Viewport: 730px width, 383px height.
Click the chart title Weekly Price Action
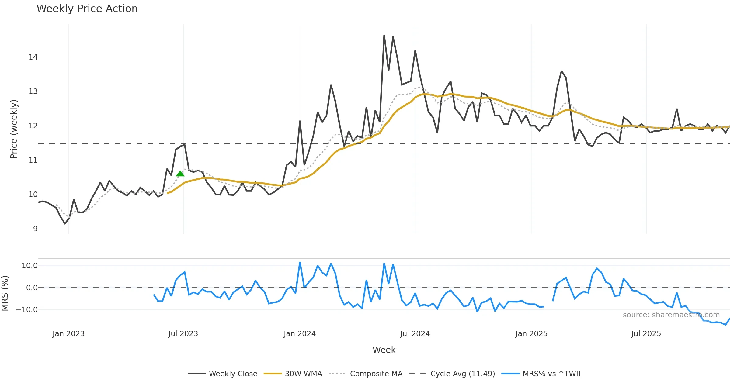click(x=87, y=9)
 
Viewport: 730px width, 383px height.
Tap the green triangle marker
click(x=180, y=174)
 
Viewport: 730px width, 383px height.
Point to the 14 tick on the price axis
click(x=33, y=57)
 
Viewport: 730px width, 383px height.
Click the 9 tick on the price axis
click(x=35, y=229)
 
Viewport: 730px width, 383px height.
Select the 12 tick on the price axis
click(x=33, y=126)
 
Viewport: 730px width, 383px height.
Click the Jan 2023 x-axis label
click(x=68, y=334)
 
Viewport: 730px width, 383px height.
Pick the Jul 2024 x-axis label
click(x=415, y=334)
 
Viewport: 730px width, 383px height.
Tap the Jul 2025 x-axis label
click(x=646, y=334)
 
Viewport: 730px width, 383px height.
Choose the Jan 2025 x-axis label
click(x=531, y=334)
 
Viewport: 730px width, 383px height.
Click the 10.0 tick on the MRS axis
click(x=30, y=266)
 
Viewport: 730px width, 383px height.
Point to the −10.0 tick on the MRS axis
click(x=27, y=310)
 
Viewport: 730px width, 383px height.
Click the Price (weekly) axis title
click(x=14, y=129)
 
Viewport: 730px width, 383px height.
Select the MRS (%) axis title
click(x=5, y=293)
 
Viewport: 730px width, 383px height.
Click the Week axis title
click(x=384, y=350)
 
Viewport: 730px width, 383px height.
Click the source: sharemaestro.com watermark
click(x=671, y=315)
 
